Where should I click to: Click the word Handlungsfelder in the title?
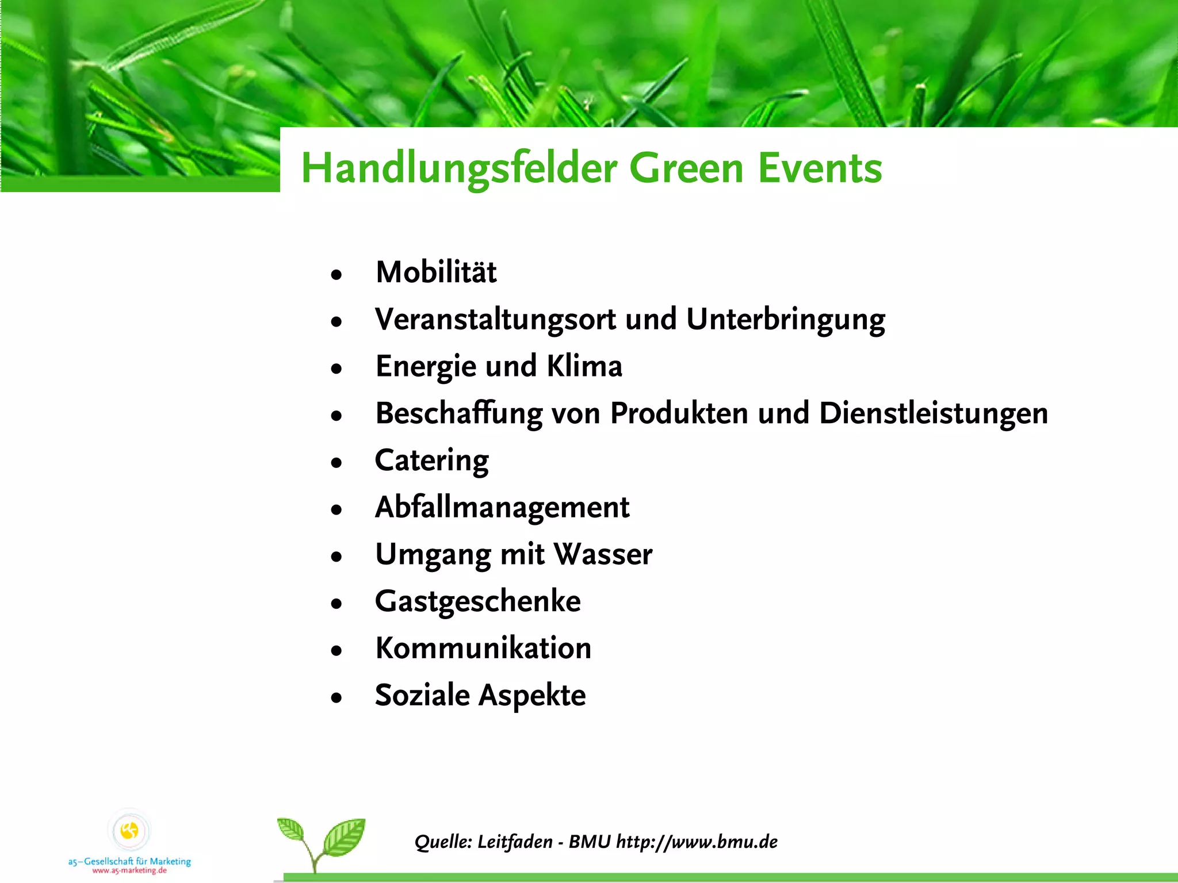tap(459, 168)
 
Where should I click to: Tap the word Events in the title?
tap(820, 168)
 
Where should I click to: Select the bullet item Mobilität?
tap(436, 272)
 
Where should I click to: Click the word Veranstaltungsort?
tap(495, 320)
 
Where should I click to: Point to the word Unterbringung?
tap(786, 320)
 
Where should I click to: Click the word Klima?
tap(584, 367)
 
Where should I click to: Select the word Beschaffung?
tap(458, 414)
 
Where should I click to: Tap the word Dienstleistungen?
tap(933, 414)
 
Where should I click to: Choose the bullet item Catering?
tap(431, 461)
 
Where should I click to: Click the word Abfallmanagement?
tap(502, 508)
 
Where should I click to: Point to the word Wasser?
tap(603, 555)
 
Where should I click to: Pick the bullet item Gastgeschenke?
tap(477, 602)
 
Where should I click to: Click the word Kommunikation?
tap(483, 648)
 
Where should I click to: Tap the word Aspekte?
tap(532, 696)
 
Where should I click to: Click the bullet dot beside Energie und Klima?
tap(336, 368)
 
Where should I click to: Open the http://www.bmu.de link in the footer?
tap(697, 842)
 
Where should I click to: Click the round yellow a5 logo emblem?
tap(129, 831)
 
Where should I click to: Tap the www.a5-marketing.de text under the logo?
tap(129, 871)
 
